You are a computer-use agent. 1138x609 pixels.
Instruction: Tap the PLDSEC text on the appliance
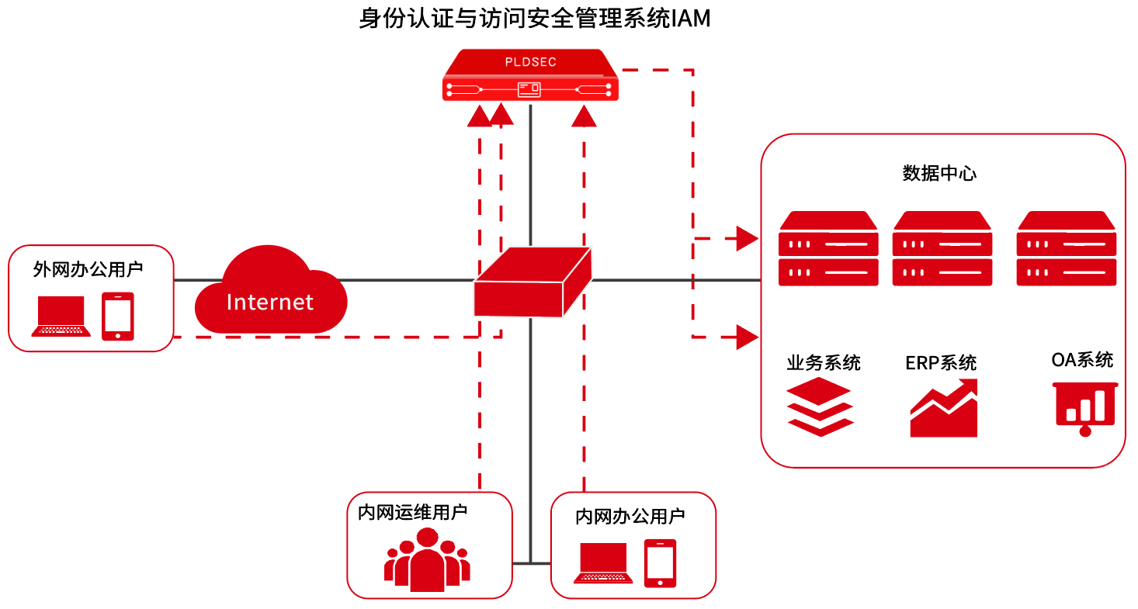coord(530,62)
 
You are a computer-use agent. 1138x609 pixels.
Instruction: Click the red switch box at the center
coord(533,283)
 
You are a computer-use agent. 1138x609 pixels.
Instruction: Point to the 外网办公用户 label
coord(88,269)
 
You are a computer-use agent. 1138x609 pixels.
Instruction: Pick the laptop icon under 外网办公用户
coord(61,317)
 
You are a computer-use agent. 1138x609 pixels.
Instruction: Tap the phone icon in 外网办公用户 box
coord(118,316)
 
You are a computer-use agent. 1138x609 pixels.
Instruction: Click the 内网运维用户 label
coord(412,512)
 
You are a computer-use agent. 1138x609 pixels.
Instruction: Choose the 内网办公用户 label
coord(630,517)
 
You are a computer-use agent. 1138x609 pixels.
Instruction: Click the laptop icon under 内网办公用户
coord(603,563)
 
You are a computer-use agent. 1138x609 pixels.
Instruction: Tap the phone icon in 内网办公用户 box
coord(660,562)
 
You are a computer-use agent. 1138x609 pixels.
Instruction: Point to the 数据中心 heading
coord(939,173)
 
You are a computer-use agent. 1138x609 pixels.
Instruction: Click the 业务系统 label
coord(824,362)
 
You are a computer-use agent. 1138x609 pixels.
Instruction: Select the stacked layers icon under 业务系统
coord(820,407)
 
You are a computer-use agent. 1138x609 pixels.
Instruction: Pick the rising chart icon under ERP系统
coord(943,409)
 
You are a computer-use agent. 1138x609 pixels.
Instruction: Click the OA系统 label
coord(1082,360)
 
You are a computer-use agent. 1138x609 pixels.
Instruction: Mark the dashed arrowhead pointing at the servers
coord(747,239)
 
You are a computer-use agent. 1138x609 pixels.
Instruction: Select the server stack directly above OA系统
coord(1067,248)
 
